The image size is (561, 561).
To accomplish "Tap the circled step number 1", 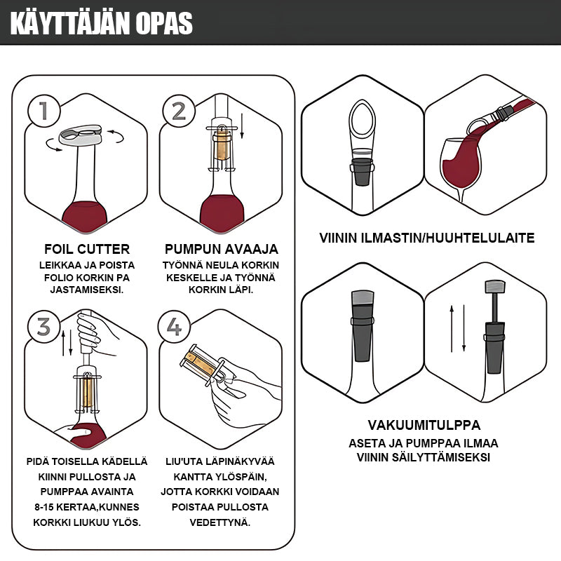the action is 43,111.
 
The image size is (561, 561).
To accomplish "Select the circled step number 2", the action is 179,111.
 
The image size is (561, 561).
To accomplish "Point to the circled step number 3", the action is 43,327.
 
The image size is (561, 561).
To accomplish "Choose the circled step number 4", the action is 174,327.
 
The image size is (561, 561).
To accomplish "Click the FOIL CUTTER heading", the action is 87,249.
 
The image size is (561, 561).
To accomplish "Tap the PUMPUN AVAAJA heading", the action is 221,249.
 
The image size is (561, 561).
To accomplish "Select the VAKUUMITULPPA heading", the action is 424,425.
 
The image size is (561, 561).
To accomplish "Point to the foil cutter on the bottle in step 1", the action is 80,135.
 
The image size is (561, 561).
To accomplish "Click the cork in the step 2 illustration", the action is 222,147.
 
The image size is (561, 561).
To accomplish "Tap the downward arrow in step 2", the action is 242,126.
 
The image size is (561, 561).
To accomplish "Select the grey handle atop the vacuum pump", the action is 495,287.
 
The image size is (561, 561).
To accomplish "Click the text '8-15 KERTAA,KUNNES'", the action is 87,507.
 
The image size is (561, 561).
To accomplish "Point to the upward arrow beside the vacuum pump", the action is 452,328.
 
